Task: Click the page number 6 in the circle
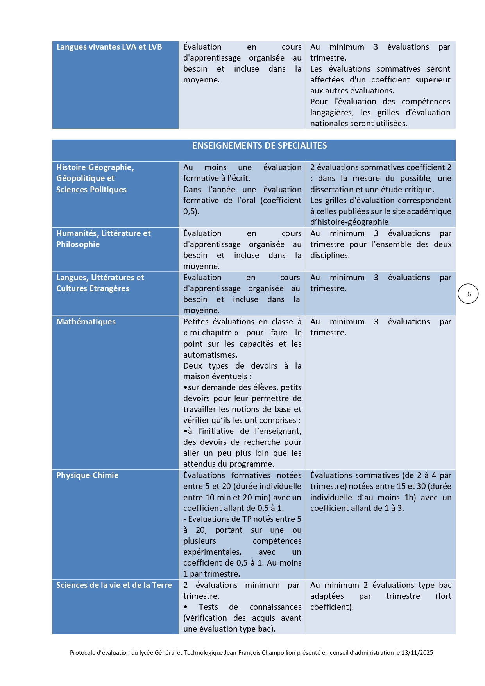469,294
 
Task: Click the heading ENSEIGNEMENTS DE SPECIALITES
260,146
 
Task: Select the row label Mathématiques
86,322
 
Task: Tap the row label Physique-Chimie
87,475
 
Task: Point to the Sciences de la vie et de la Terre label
114,585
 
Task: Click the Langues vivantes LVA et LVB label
109,47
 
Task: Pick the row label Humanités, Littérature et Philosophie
103,239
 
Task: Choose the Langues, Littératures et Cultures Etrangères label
100,283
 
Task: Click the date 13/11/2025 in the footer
417,652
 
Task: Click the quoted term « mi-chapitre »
211,333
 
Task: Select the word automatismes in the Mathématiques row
210,355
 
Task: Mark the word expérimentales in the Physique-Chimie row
212,552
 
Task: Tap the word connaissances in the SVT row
276,607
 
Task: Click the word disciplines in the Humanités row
330,255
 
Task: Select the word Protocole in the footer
83,652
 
